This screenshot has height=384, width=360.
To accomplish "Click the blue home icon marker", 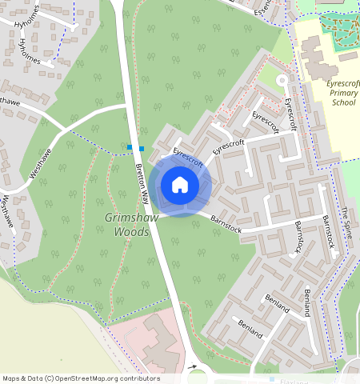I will (x=180, y=185).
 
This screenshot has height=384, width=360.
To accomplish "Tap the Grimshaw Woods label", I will (x=126, y=224).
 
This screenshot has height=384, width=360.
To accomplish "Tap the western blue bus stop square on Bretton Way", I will (x=130, y=147).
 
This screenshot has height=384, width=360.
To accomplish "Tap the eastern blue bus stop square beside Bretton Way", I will (x=142, y=148).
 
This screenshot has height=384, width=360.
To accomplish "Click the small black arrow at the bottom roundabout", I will (x=192, y=367).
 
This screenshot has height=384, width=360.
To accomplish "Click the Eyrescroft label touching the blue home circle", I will (x=188, y=156).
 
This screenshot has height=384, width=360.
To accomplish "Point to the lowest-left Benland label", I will (x=250, y=328).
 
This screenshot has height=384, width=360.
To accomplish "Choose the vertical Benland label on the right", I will (x=307, y=302).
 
